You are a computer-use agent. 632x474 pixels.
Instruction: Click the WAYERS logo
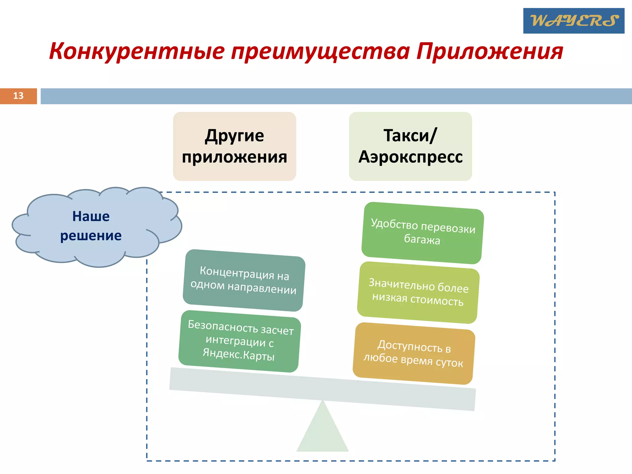[574, 21]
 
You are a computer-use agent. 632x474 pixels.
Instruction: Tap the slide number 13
[18, 96]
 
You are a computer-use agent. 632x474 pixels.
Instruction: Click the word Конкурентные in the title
[137, 52]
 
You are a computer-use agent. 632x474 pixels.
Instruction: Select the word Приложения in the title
[490, 52]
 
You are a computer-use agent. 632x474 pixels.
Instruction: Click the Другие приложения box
[235, 146]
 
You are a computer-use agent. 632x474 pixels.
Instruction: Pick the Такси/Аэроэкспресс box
[410, 146]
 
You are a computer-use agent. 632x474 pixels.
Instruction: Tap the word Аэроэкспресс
[410, 157]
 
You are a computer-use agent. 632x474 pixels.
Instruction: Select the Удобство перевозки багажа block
[422, 233]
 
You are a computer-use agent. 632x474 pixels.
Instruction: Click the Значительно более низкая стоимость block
[418, 293]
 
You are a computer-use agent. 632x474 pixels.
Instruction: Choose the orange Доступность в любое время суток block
[414, 354]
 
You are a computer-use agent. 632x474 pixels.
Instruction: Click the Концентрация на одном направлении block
[244, 280]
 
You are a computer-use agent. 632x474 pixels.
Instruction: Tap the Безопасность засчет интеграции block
[240, 341]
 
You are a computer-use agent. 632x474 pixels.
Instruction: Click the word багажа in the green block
[422, 239]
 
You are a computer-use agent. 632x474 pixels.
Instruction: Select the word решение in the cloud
[91, 236]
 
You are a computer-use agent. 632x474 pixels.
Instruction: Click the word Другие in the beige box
[235, 136]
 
